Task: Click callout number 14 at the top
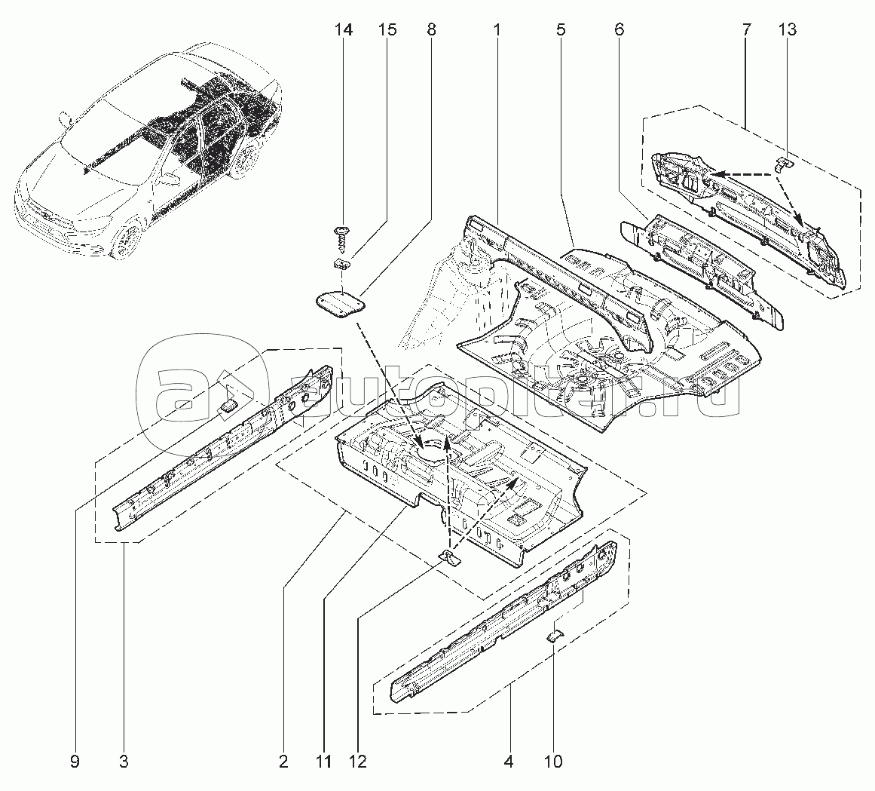point(344,30)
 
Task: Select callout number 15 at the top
point(387,30)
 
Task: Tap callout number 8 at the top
point(431,30)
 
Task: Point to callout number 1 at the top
point(498,30)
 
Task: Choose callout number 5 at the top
point(560,30)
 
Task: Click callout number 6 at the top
point(619,30)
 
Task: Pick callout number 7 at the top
point(746,30)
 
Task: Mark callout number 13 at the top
point(788,30)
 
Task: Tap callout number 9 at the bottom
point(75,762)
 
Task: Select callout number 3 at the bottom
point(123,762)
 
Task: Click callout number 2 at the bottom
point(283,762)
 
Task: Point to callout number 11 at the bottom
point(323,762)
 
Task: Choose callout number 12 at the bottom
point(358,762)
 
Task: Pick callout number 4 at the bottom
point(509,762)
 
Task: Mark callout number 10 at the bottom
point(553,762)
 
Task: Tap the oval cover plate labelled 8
point(338,305)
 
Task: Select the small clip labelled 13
point(783,163)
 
